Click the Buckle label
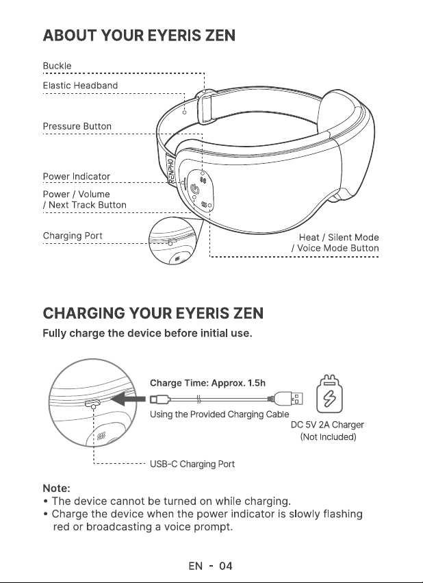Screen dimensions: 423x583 pos(57,66)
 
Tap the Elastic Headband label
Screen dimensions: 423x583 pos(80,86)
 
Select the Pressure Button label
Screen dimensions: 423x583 pos(77,127)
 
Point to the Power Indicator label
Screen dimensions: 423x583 pos(76,176)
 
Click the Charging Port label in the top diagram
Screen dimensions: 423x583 pos(73,236)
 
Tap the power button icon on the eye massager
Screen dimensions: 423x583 pos(195,190)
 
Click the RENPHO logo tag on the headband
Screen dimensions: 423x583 pos(171,171)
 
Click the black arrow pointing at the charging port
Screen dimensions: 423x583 pos(128,399)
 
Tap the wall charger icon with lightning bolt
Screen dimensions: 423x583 pos(329,394)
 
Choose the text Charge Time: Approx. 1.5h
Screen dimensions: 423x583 pos(207,383)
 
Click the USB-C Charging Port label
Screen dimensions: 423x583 pos(192,464)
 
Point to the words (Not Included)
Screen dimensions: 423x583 pos(328,437)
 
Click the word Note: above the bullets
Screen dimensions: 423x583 pos(56,488)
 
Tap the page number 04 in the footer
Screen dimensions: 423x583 pos(225,567)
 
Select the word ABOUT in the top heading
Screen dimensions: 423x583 pos(70,36)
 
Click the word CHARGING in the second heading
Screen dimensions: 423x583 pos(84,313)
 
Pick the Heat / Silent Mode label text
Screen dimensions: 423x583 pos(339,238)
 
